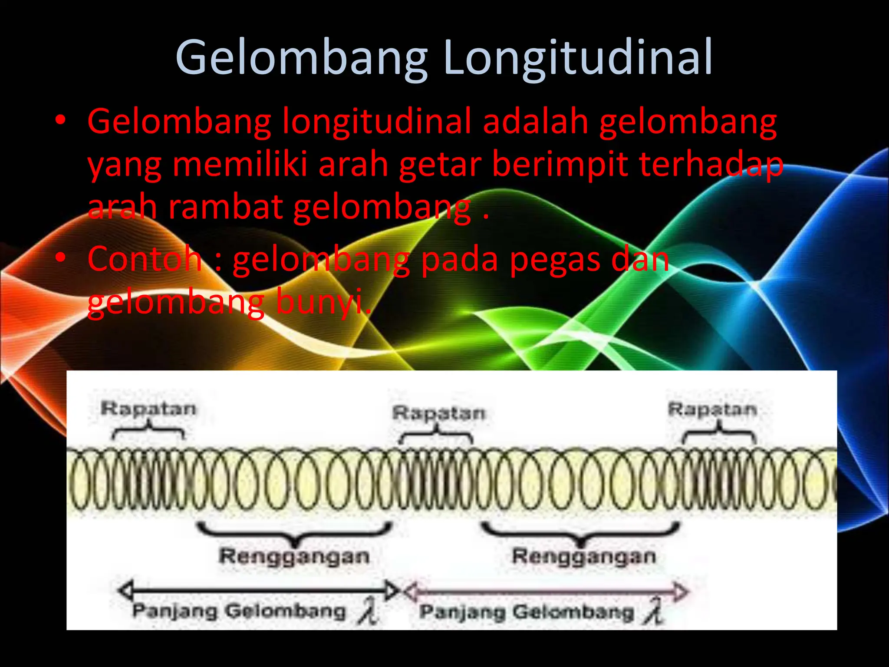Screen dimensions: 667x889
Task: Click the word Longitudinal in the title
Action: pos(578,58)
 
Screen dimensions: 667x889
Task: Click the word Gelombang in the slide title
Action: pos(302,58)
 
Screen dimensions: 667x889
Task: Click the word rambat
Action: pos(225,207)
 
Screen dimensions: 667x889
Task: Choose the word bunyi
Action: pos(323,303)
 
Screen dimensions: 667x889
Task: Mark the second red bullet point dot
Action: pos(60,258)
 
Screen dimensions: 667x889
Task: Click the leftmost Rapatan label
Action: pos(148,409)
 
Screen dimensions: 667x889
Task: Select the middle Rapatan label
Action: pos(438,413)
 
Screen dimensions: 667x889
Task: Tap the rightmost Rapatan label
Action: pos(712,409)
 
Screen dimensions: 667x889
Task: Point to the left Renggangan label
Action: pos(294,557)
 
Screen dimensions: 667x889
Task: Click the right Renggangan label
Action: pos(584,557)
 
